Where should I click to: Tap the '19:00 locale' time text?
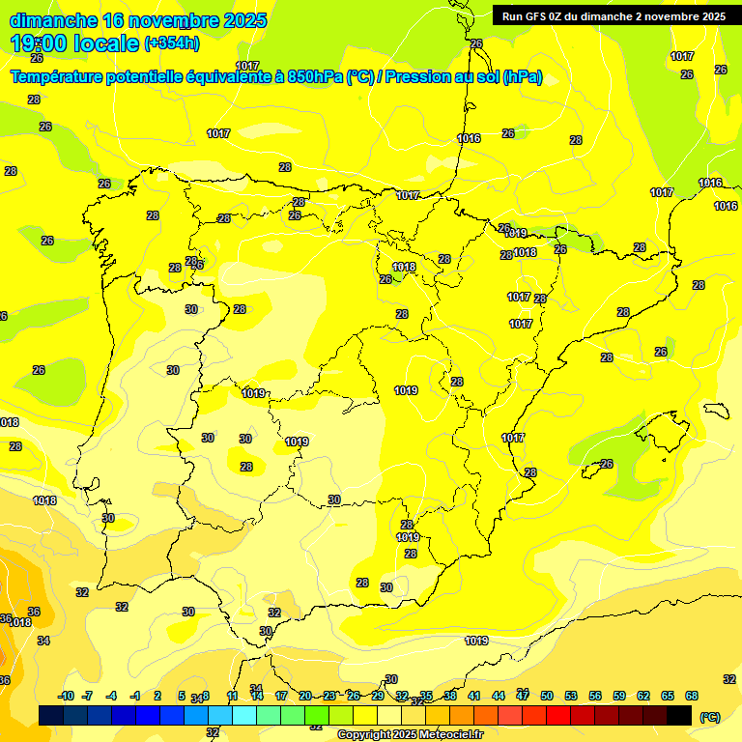(74, 43)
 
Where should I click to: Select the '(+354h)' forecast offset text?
(171, 43)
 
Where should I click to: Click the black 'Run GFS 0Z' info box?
(609, 15)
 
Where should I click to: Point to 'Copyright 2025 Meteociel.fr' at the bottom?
(411, 734)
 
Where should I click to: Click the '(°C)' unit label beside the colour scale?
(710, 717)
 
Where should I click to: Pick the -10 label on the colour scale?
(67, 696)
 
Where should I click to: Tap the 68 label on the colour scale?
(692, 696)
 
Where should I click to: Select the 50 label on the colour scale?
(547, 696)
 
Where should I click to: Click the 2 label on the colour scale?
(157, 696)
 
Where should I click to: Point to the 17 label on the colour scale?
(281, 696)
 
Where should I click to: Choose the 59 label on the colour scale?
(619, 696)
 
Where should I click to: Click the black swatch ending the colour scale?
(679, 715)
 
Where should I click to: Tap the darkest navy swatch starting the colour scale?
(51, 715)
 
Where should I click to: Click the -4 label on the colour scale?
(111, 696)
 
